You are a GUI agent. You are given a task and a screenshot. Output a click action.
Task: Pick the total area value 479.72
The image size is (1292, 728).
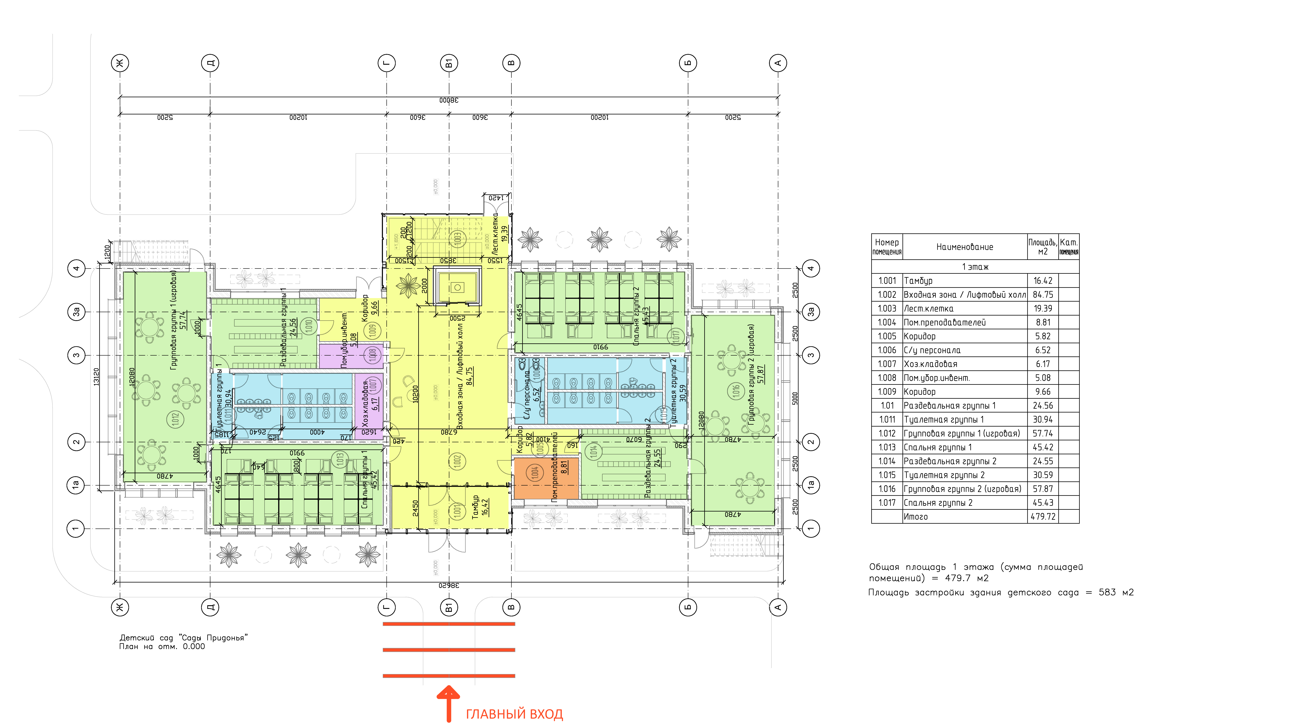[1043, 516]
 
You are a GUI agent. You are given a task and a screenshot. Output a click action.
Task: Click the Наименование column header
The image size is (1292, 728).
[964, 247]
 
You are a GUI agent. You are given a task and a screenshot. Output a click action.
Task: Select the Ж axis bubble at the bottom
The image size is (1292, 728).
[120, 607]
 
